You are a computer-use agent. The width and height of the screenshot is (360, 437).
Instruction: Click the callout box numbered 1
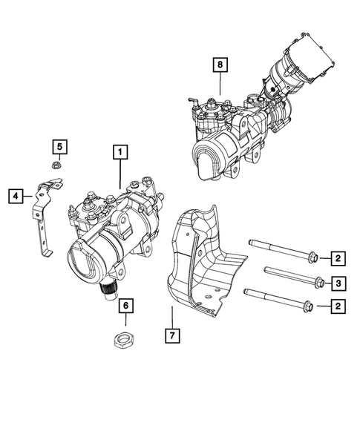[120, 152]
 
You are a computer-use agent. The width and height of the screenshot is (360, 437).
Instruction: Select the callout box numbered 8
[220, 65]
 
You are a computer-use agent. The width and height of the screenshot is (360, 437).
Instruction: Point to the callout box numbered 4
[15, 196]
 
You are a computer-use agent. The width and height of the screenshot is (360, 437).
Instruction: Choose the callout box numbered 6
[125, 306]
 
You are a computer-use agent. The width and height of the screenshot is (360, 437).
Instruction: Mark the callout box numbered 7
[171, 335]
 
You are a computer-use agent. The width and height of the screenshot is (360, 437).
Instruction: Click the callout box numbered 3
[337, 282]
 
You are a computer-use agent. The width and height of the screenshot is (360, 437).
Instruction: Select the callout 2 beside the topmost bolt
[337, 258]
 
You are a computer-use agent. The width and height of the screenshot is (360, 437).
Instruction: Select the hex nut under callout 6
[125, 341]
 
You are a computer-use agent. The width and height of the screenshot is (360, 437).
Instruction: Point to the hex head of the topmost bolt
[312, 258]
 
